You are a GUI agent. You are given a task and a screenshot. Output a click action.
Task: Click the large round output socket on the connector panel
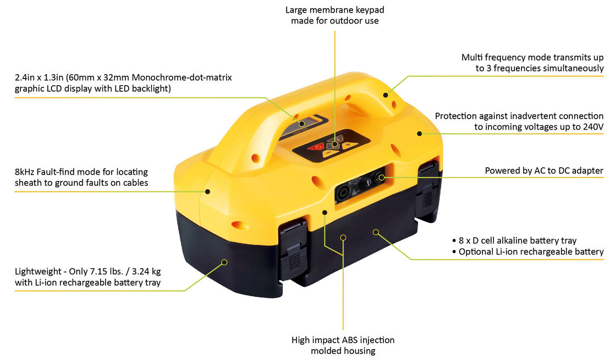(344, 192)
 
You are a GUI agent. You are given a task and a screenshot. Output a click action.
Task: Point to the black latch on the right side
(427, 189)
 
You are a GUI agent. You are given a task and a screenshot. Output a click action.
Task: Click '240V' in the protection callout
(592, 127)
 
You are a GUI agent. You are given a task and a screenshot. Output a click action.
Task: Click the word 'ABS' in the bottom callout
(350, 340)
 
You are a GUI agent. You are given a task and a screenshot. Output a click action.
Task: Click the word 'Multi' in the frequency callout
(471, 57)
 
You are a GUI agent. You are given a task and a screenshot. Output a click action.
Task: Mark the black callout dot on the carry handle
(386, 95)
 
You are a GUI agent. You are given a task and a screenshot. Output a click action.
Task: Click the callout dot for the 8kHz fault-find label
(207, 192)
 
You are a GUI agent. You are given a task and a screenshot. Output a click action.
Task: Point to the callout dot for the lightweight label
(224, 262)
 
